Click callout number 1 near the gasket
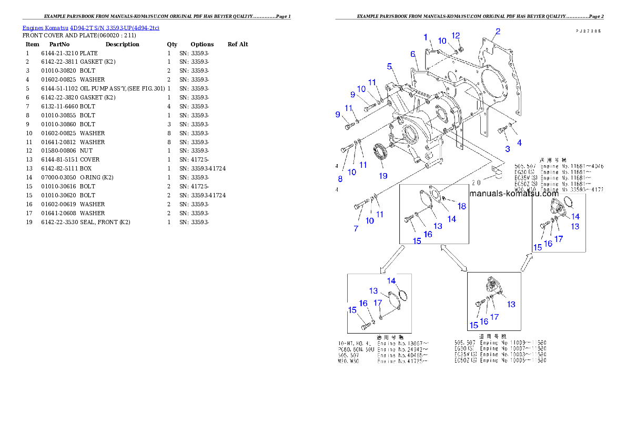[x=426, y=37]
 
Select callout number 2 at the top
[x=498, y=32]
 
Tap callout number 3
[x=507, y=148]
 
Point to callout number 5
[x=389, y=66]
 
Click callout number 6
[x=413, y=54]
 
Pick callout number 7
[x=356, y=229]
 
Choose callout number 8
[x=340, y=179]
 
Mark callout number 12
[x=456, y=35]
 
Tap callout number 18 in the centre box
[x=461, y=206]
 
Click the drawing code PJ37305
[x=588, y=31]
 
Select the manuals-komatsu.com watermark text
[x=513, y=194]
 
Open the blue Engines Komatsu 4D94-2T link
[x=90, y=27]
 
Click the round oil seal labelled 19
[x=381, y=153]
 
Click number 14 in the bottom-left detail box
[x=391, y=281]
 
